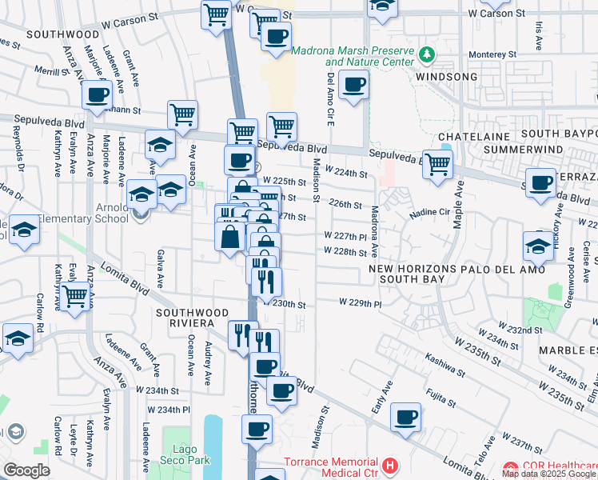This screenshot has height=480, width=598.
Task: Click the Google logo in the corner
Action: point(26,470)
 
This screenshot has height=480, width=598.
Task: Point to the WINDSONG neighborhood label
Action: point(446,77)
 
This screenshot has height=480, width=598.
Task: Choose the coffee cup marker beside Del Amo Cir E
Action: point(353,85)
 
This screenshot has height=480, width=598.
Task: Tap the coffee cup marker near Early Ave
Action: point(406,418)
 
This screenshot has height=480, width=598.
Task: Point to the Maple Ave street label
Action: point(458,204)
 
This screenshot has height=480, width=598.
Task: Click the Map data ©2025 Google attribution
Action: point(548,474)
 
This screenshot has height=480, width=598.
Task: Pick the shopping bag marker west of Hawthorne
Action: point(230,237)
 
